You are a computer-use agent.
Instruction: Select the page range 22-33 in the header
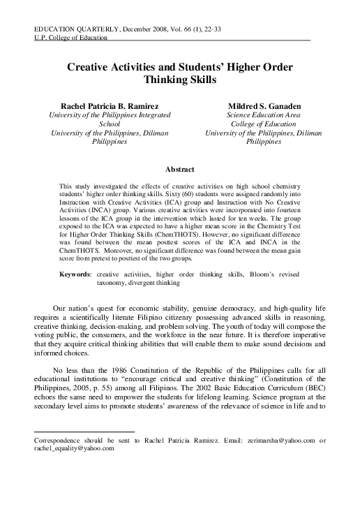pos(210,28)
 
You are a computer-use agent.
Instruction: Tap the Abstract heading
pos(180,168)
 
